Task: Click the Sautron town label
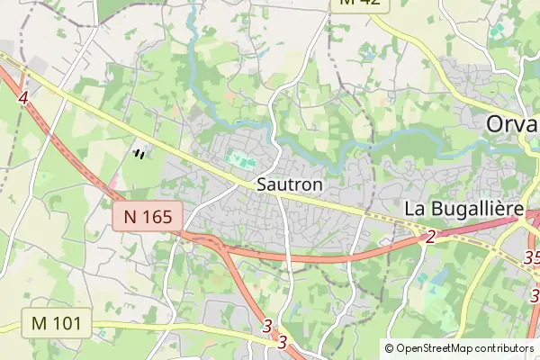[289, 183]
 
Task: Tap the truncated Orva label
[512, 124]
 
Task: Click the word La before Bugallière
[415, 209]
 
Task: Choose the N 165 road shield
[148, 215]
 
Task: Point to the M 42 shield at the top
[362, 4]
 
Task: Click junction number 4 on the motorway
[22, 95]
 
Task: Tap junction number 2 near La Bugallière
[429, 237]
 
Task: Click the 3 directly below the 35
[535, 293]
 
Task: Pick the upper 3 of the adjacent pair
[267, 327]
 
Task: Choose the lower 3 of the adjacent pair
[282, 342]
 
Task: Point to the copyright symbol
[390, 348]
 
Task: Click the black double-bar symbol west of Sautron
[139, 154]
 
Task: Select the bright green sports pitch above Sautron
[239, 159]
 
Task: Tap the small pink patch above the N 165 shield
[116, 184]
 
